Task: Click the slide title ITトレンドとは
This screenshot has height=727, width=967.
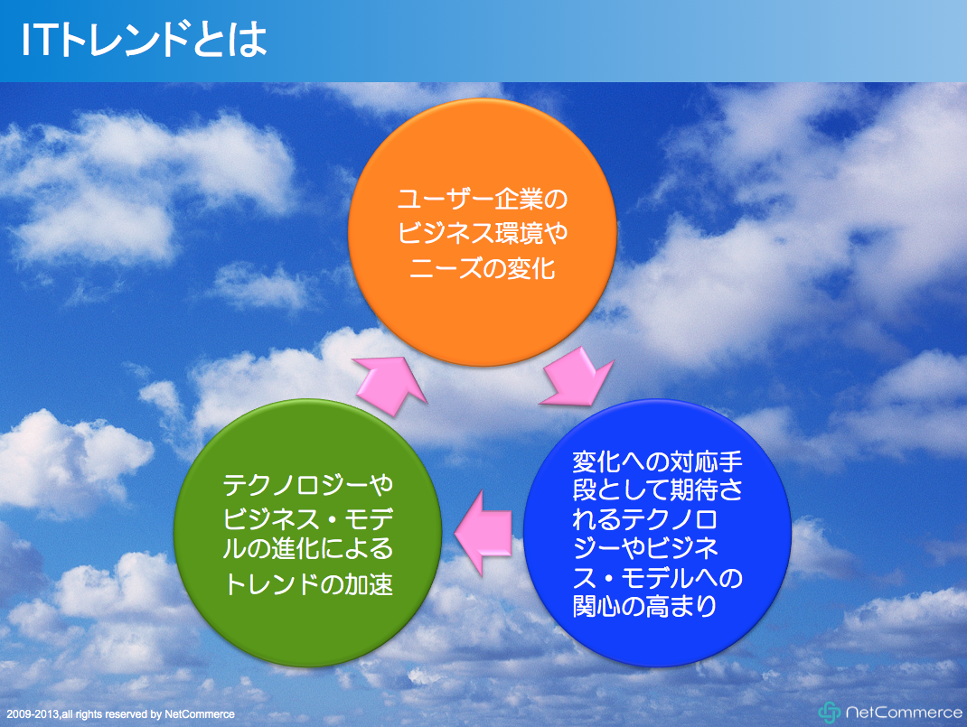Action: point(145,40)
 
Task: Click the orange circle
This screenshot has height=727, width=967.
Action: point(483,232)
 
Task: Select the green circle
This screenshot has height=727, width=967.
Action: point(308,533)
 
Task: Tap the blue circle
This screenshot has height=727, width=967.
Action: point(657,533)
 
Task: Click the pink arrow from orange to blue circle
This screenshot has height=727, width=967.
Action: point(577,377)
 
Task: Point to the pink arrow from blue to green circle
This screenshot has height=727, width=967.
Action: point(483,534)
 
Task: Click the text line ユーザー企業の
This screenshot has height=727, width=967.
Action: point(483,199)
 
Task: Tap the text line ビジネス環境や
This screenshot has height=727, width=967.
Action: point(483,233)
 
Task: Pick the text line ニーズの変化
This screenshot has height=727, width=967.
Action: point(483,268)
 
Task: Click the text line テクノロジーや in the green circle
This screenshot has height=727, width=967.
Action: point(308,486)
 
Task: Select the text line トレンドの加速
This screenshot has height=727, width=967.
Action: point(308,584)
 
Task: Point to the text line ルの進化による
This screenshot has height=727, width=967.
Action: point(308,549)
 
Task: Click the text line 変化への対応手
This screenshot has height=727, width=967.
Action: point(657,461)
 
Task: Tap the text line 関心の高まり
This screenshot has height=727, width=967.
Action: point(645,607)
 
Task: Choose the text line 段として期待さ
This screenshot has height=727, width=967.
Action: point(657,490)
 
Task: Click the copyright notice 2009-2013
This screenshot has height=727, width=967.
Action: point(121,714)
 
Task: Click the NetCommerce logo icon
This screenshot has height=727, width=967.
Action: point(829,713)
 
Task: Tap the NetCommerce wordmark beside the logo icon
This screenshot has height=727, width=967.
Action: point(904,713)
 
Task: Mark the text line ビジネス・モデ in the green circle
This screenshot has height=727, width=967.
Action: point(308,518)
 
